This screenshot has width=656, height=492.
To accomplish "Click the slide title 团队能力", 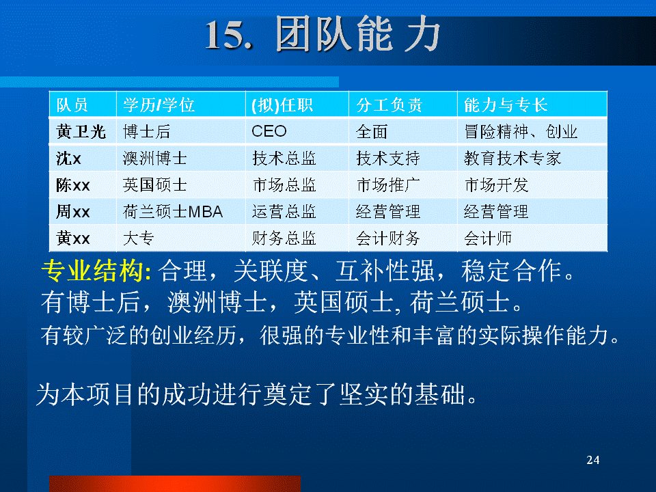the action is (357, 34).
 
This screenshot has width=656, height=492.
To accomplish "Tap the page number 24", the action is (593, 460).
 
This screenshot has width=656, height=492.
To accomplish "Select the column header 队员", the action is (72, 105).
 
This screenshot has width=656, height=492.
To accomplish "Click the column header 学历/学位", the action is (159, 105).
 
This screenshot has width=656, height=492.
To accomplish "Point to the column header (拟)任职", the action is (282, 105).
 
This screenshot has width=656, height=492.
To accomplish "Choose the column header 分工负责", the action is (389, 105).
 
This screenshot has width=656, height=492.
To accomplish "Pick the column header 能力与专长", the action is (506, 105).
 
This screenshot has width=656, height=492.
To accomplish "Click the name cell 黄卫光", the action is (81, 132).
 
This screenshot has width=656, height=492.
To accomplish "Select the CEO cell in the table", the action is (269, 131).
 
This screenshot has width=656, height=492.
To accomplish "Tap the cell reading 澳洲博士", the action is (155, 159).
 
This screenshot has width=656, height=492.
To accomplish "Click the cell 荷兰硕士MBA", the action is (173, 212).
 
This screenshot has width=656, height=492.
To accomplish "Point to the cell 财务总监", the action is (284, 238).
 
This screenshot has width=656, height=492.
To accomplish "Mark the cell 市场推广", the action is (388, 185).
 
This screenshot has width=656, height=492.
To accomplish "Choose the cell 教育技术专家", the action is (512, 159).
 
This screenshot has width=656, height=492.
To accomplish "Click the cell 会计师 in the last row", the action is (488, 238).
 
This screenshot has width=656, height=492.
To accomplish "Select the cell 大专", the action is (139, 238).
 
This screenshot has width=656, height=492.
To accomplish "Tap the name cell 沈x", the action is (68, 159).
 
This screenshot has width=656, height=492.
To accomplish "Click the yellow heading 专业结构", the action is (96, 271).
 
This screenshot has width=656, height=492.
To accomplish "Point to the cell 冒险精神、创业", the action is (521, 132).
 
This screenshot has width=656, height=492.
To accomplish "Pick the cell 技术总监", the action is (284, 159).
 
